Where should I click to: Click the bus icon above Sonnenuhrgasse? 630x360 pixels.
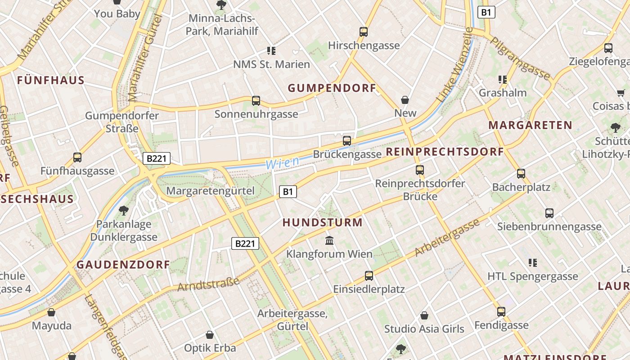point(256,101)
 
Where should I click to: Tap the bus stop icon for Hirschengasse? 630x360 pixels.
point(364,32)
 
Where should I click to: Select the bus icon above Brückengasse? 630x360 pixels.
point(347,141)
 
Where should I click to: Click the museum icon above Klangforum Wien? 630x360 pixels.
point(329,241)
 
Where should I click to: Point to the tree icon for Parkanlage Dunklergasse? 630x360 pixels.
point(123,210)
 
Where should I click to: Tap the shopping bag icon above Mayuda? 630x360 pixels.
point(51,312)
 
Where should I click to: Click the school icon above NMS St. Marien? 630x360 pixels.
point(271,51)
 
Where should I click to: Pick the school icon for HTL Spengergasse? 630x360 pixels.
point(533,263)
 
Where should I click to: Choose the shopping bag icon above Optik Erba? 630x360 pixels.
point(210,335)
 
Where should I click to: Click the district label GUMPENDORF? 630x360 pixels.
point(332,88)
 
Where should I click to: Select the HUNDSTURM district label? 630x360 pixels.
point(322,222)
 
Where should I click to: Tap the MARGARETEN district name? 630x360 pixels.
point(530,125)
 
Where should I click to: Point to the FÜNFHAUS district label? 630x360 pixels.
point(51,81)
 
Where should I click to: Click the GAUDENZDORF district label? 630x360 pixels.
point(123,265)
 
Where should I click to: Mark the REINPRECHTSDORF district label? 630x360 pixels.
point(445,152)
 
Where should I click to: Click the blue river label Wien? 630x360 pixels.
point(282,163)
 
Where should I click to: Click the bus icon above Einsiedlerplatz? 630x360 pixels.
point(369,276)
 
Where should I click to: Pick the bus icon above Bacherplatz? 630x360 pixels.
point(521,174)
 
